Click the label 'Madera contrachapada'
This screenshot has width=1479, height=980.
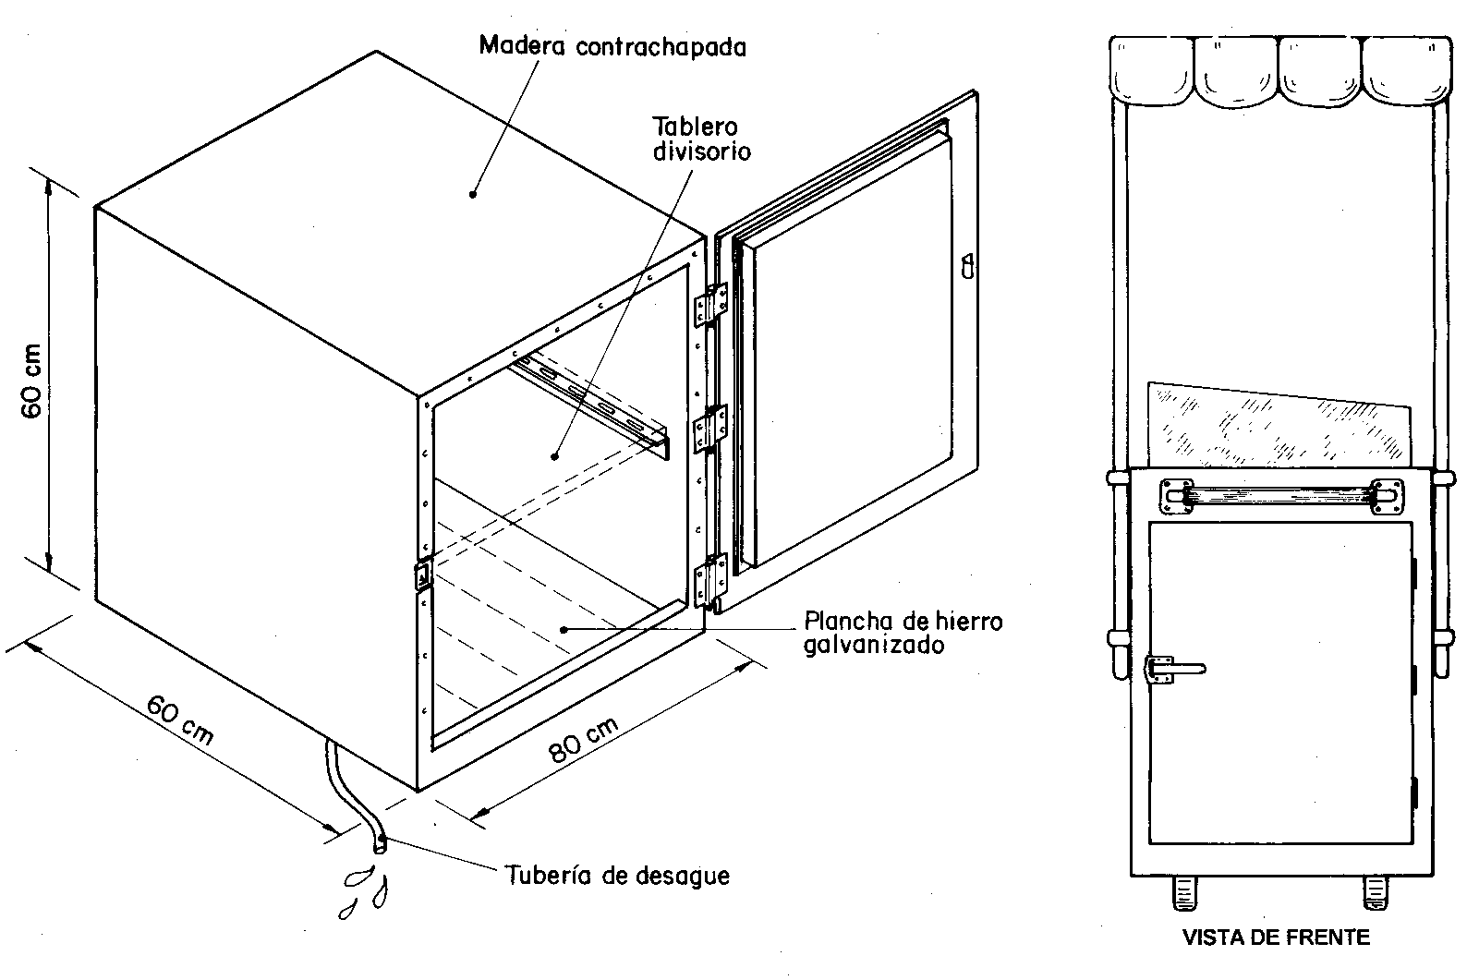(612, 47)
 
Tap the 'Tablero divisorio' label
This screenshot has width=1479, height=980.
(701, 139)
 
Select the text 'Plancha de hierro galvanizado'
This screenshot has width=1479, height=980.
(903, 633)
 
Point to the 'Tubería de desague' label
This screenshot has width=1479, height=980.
(618, 876)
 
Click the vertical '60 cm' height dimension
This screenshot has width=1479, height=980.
(31, 381)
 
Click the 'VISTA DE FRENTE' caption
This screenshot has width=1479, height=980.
(1276, 938)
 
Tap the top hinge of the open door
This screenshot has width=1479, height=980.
(710, 305)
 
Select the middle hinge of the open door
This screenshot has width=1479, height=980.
(710, 429)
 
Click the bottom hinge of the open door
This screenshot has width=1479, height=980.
(710, 581)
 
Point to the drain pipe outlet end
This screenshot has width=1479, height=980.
(381, 844)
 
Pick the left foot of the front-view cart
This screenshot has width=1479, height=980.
(1184, 893)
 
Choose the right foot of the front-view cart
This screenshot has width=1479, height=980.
(1376, 893)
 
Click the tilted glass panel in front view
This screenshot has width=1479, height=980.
(1279, 426)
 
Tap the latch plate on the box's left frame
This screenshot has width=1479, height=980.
(422, 575)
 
